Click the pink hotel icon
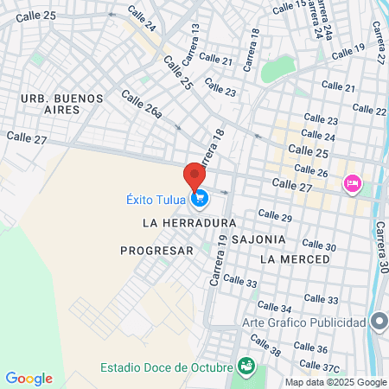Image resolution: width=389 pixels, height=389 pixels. click(352, 182)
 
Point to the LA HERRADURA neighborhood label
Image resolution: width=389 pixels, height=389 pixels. click(188, 223)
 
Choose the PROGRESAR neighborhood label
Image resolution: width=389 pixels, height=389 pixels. click(156, 251)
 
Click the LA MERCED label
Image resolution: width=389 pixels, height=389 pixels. click(294, 259)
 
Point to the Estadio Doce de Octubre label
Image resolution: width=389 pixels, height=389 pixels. click(166, 367)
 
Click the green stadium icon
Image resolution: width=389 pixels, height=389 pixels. click(246, 367)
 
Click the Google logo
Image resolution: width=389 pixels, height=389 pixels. click(29, 379)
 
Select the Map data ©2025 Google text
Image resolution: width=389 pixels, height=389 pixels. click(336, 382)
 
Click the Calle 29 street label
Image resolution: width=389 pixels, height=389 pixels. click(275, 215)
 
